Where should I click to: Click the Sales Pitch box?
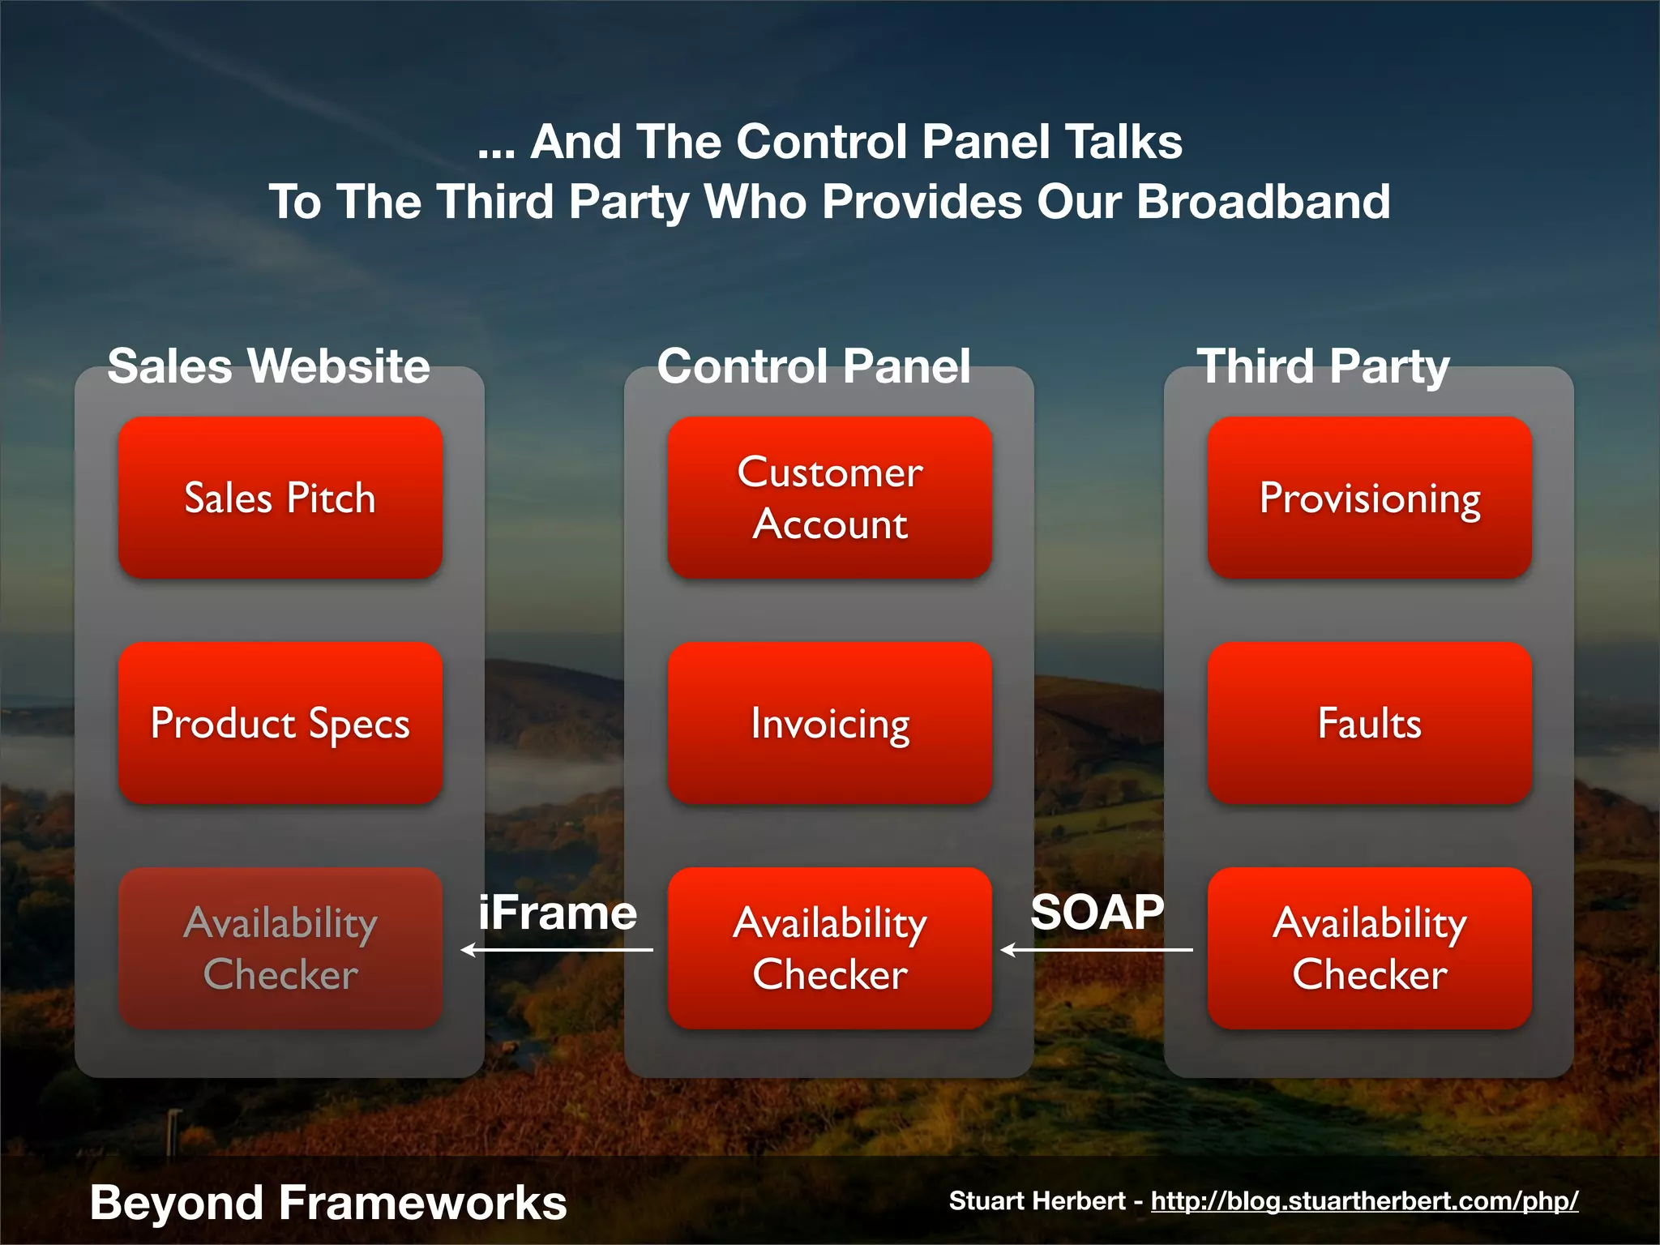point(280,498)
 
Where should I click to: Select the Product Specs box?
point(280,723)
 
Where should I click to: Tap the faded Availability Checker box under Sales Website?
point(280,948)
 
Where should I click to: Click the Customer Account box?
point(829,498)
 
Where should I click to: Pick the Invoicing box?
point(829,723)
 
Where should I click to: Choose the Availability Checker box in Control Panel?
point(829,948)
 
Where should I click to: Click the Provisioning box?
point(1369,498)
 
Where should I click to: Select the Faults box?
point(1369,723)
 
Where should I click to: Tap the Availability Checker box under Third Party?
point(1369,948)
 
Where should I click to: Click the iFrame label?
point(557,913)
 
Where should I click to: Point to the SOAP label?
point(1097,912)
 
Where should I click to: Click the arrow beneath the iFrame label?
point(557,950)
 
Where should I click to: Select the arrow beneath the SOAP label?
point(1097,950)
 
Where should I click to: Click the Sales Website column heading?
point(268,366)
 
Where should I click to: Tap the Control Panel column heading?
point(814,366)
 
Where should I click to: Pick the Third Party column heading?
point(1323,366)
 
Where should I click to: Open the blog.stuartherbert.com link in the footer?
point(1364,1200)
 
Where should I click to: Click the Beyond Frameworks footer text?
point(328,1202)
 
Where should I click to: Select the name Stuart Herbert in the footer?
point(1037,1200)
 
